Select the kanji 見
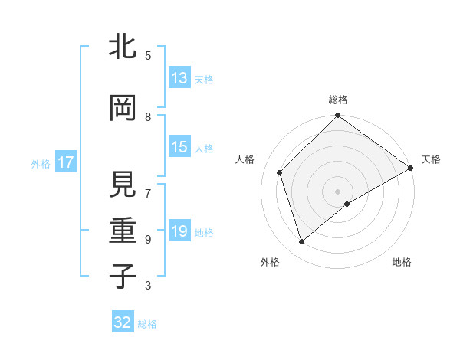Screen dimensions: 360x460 (123, 185)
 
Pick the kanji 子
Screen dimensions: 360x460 (123, 277)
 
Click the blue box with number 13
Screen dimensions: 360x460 (179, 78)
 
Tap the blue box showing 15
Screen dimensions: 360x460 (179, 147)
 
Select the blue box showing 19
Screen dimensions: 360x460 (179, 231)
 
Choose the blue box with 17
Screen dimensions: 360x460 (65, 162)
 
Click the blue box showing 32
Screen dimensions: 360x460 (123, 322)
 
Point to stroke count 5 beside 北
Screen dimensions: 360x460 (148, 55)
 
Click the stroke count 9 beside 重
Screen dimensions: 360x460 (148, 239)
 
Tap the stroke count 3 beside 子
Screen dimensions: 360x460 (148, 286)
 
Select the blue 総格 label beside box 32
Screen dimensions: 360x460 (147, 324)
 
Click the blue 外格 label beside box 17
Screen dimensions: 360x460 (41, 163)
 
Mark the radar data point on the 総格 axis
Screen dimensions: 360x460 (337, 116)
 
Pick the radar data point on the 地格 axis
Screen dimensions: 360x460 (347, 204)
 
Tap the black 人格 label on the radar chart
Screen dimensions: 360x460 (245, 159)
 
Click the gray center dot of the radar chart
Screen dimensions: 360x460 (337, 191)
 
